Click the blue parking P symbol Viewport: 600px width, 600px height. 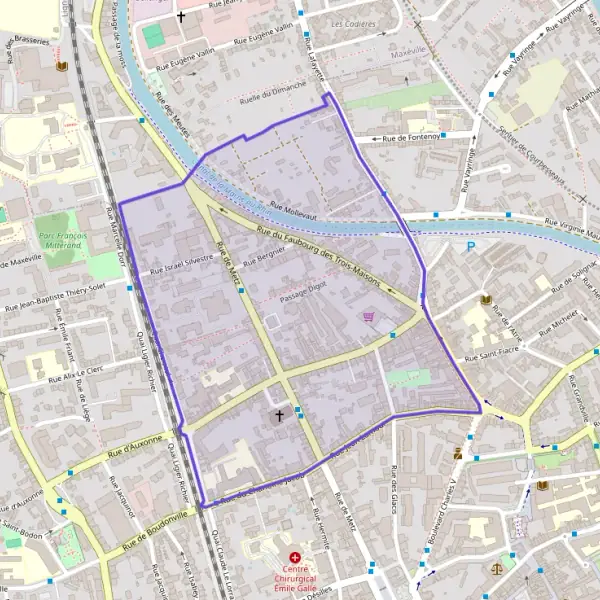[x=471, y=247]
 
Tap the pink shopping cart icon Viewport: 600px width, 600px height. [x=369, y=317]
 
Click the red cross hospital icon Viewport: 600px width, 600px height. [x=295, y=557]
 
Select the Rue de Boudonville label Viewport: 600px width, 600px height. [x=154, y=533]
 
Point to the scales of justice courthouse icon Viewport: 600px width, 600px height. [x=498, y=567]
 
